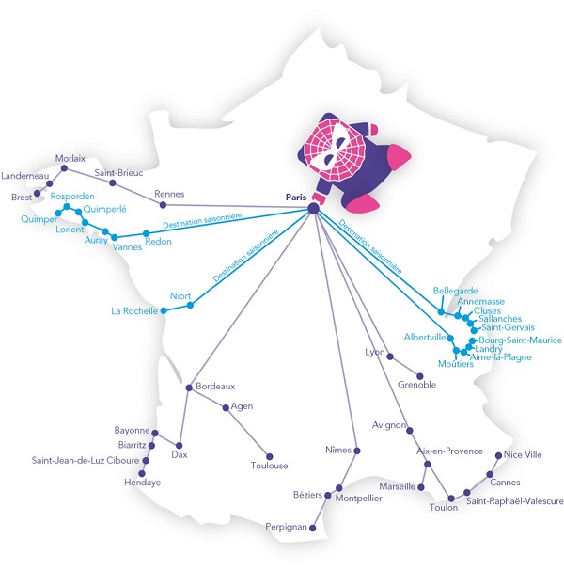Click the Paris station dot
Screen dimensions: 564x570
pyautogui.click(x=313, y=208)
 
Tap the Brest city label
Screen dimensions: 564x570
pyautogui.click(x=22, y=197)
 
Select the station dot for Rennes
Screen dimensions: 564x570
pyautogui.click(x=164, y=205)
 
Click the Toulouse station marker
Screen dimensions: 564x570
pyautogui.click(x=269, y=456)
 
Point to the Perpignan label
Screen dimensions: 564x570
pyautogui.click(x=286, y=527)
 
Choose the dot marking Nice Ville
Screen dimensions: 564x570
pyautogui.click(x=498, y=455)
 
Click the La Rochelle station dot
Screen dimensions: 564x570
pyautogui.click(x=164, y=310)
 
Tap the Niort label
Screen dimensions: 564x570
pyautogui.click(x=180, y=296)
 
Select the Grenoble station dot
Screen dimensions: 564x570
pyautogui.click(x=420, y=376)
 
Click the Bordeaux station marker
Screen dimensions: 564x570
pyautogui.click(x=189, y=388)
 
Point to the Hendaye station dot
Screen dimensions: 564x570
pyautogui.click(x=142, y=474)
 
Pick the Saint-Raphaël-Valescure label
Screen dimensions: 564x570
pyautogui.click(x=514, y=501)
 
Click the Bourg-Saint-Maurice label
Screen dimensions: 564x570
pyautogui.click(x=521, y=340)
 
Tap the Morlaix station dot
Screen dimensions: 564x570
pyautogui.click(x=64, y=168)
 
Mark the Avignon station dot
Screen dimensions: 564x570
pyautogui.click(x=410, y=431)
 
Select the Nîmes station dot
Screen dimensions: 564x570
pyautogui.click(x=357, y=451)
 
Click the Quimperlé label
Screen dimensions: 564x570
pyautogui.click(x=104, y=209)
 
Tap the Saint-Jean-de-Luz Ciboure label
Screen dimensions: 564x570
pyautogui.click(x=86, y=460)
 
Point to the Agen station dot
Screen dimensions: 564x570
pyautogui.click(x=226, y=408)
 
